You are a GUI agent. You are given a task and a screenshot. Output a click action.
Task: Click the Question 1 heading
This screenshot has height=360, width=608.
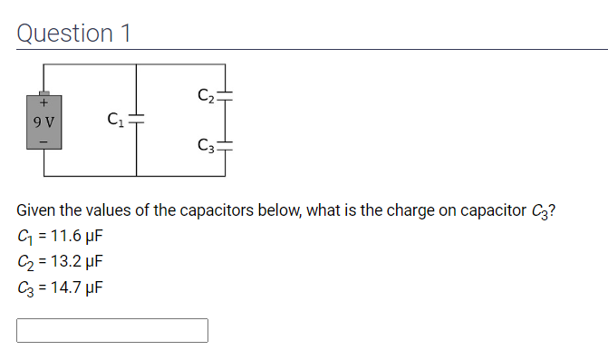[x=74, y=33]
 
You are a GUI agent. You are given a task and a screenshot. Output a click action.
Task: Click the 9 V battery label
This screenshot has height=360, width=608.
[x=43, y=121]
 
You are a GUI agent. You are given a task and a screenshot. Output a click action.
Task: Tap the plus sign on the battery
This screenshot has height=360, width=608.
[x=43, y=103]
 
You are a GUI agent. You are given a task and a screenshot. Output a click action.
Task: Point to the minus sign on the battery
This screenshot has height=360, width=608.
[x=43, y=141]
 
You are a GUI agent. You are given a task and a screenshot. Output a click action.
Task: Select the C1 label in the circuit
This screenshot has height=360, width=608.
[x=114, y=117]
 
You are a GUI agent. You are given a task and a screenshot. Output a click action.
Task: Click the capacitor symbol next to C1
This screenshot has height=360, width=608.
[x=136, y=119]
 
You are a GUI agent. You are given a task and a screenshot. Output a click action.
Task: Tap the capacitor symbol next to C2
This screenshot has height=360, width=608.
[x=224, y=93]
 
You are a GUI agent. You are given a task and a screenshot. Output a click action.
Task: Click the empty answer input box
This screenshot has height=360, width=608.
[x=112, y=330]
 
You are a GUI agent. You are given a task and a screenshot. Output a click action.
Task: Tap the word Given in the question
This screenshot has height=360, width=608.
[x=38, y=211]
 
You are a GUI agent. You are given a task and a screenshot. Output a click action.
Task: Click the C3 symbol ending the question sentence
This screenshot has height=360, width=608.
[x=538, y=212]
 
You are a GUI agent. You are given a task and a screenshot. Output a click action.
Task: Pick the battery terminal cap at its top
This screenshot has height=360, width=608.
[x=43, y=92]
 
